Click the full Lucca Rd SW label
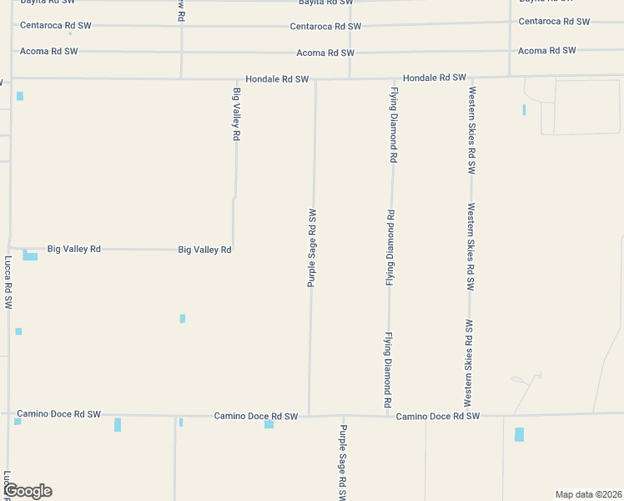coord(9,283)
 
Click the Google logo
coord(28,491)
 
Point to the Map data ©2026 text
coord(588,493)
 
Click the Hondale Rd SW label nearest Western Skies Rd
coord(434,78)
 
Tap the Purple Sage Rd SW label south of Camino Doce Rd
coord(342,462)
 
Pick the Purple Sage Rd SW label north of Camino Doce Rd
coord(312,248)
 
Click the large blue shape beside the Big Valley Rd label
coord(30,256)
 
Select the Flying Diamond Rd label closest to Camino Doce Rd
coord(388,370)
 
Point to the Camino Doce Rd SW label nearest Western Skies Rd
coord(438,416)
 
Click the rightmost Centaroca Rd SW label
coord(554,22)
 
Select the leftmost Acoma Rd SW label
coord(49,52)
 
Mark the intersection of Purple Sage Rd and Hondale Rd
coord(315,79)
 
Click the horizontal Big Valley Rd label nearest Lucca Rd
coord(74,249)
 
